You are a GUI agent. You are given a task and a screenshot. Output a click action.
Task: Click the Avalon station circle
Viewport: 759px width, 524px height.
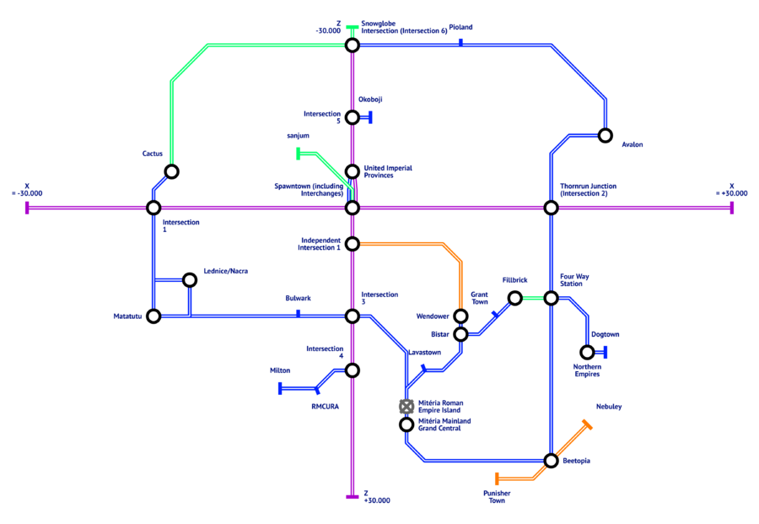pos(605,136)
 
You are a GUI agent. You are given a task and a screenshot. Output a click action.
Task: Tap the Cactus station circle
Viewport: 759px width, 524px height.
pos(171,172)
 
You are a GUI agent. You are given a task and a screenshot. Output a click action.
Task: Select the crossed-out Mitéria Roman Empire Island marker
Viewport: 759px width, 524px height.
pos(406,407)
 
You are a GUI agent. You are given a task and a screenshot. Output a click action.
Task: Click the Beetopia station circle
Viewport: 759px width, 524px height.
pos(551,461)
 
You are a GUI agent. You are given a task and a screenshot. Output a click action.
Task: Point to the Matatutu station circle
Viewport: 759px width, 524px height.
pos(153,316)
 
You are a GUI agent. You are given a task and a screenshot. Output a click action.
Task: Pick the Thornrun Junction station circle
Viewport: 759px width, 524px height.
pos(551,208)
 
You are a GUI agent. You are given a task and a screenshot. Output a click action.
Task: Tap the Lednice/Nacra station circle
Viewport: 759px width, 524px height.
pos(190,280)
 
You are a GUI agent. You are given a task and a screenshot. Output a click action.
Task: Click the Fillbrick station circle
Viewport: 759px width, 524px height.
pos(515,298)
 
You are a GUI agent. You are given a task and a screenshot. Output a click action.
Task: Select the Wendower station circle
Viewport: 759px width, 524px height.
pos(460,316)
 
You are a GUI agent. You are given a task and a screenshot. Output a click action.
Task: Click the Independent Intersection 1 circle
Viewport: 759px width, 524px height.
pos(352,244)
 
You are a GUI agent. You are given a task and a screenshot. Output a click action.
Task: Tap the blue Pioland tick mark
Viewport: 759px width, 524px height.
pos(460,43)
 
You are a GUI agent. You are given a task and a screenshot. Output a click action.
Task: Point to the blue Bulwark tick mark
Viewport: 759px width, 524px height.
pos(299,313)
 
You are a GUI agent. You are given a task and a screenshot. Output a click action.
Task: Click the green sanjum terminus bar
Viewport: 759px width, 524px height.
pos(299,154)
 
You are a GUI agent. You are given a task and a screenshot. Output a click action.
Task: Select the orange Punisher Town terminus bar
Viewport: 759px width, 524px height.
pos(497,479)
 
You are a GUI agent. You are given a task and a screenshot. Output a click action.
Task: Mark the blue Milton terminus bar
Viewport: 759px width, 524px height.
pos(280,388)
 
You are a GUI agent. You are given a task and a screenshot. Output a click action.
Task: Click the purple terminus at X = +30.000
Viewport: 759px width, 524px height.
pos(731,208)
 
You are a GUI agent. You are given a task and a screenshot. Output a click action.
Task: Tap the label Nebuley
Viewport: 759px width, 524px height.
pos(609,407)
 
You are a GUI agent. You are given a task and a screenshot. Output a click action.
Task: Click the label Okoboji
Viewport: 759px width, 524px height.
pos(370,100)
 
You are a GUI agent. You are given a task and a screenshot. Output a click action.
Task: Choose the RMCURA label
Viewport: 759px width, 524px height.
pos(326,407)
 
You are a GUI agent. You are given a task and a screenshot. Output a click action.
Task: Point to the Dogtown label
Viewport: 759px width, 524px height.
pos(605,335)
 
